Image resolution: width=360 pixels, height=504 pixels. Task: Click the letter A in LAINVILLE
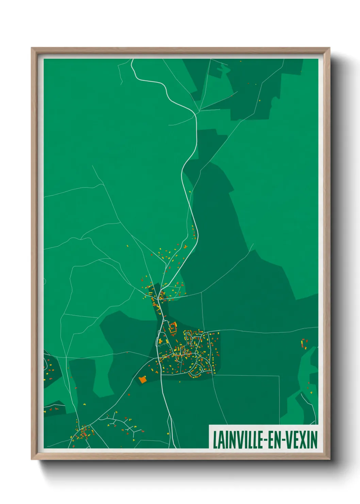click(x=219, y=440)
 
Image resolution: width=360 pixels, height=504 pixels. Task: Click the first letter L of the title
click(x=215, y=440)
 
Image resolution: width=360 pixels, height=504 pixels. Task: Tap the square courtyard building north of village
click(x=173, y=328)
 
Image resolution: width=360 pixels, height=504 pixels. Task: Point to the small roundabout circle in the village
click(x=202, y=371)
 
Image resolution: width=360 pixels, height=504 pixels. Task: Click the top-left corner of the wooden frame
click(x=32, y=48)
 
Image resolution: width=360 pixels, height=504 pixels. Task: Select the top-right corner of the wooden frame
click(x=330, y=48)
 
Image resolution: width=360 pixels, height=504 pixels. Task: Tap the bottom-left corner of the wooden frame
click(x=32, y=459)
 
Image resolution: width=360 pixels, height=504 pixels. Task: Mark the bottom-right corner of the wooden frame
click(x=330, y=459)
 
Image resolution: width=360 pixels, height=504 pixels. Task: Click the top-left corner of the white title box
click(x=209, y=425)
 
